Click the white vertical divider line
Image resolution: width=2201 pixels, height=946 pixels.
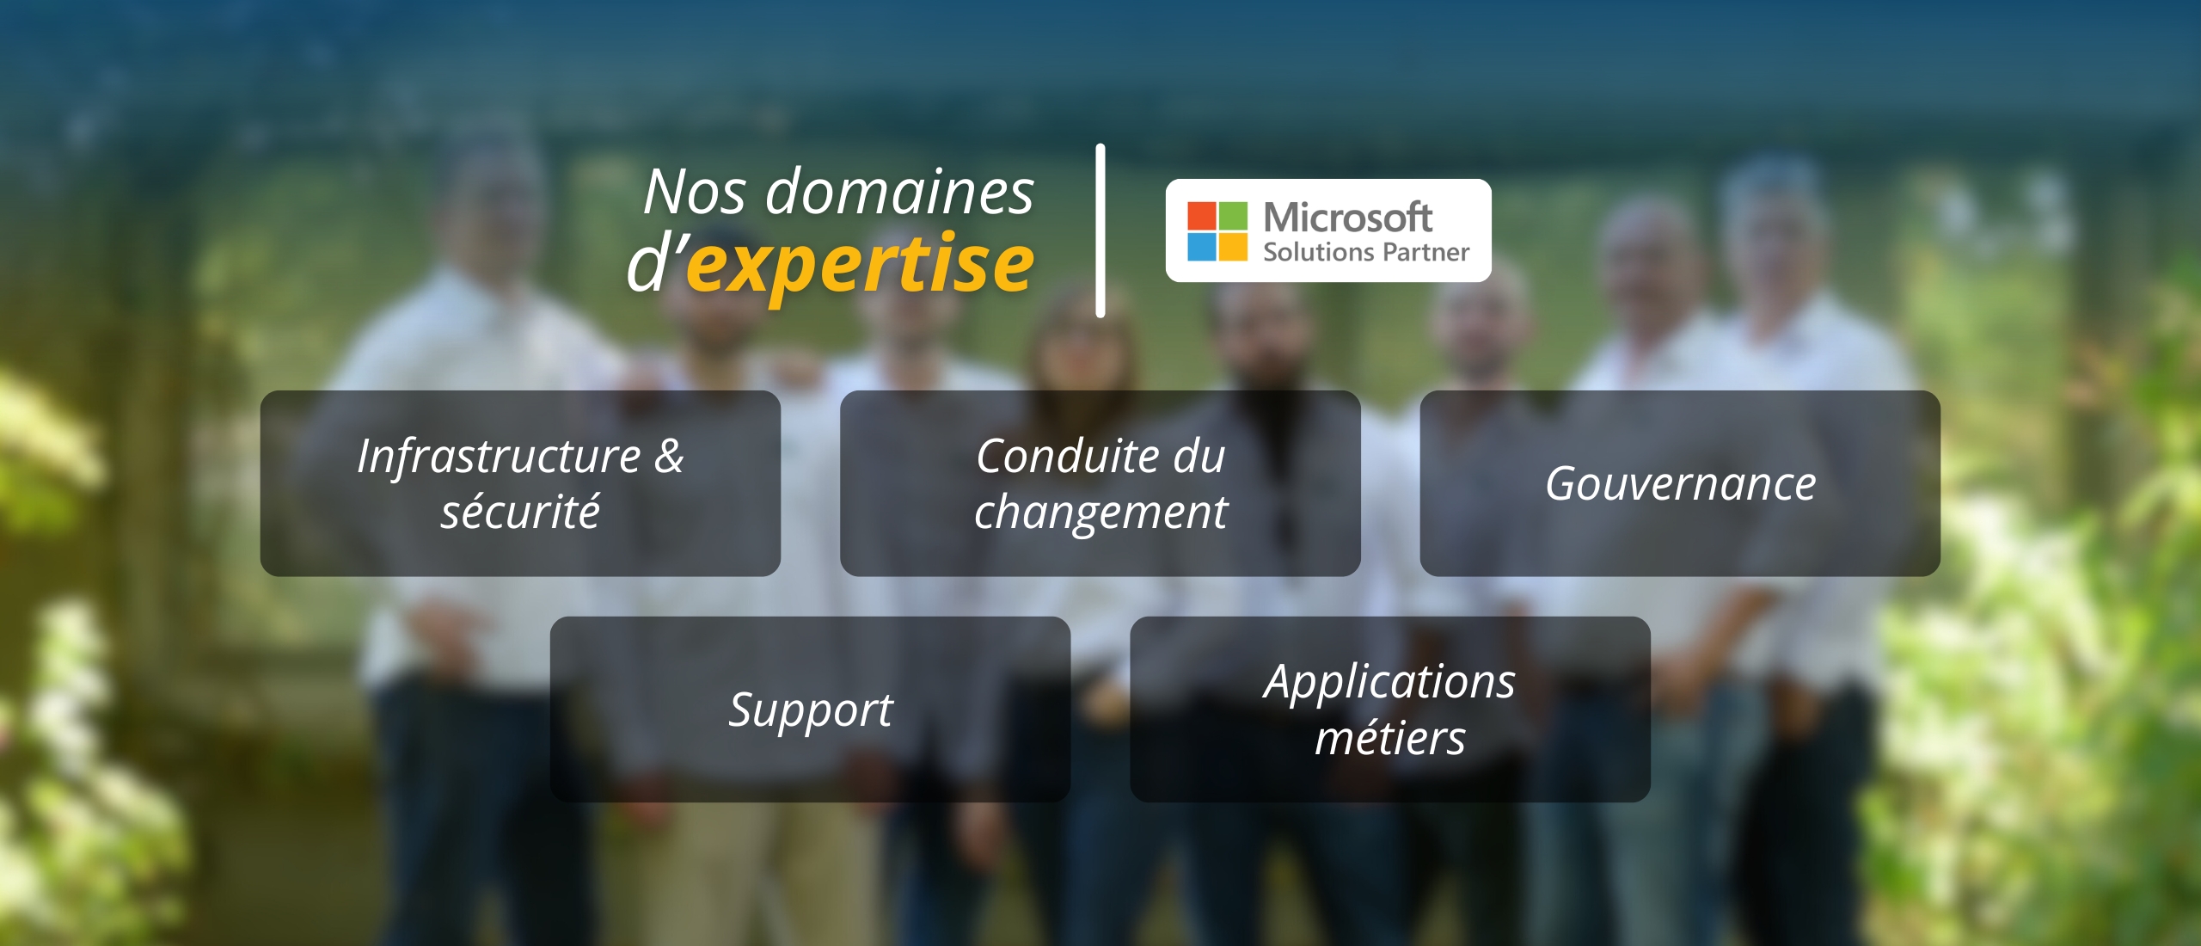pyautogui.click(x=1100, y=230)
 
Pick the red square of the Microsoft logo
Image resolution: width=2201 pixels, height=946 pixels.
pyautogui.click(x=1202, y=215)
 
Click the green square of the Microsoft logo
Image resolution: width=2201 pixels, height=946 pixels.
pyautogui.click(x=1233, y=215)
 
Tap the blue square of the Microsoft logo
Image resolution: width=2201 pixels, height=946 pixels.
pyautogui.click(x=1202, y=246)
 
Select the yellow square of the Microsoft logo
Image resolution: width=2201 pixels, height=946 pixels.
pyautogui.click(x=1233, y=246)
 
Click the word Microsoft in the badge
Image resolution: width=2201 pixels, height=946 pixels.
pyautogui.click(x=1347, y=217)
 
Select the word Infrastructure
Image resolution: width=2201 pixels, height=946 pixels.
pyautogui.click(x=499, y=456)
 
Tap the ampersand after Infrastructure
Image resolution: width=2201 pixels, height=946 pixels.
pyautogui.click(x=669, y=456)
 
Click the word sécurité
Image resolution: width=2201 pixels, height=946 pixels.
pyautogui.click(x=520, y=511)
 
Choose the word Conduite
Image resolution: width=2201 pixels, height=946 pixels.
pyautogui.click(x=1057, y=456)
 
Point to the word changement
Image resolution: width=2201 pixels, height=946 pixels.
pyautogui.click(x=1100, y=513)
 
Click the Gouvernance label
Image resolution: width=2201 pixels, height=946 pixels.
pyautogui.click(x=1681, y=483)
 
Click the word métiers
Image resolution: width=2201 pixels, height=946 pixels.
pyautogui.click(x=1390, y=738)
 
